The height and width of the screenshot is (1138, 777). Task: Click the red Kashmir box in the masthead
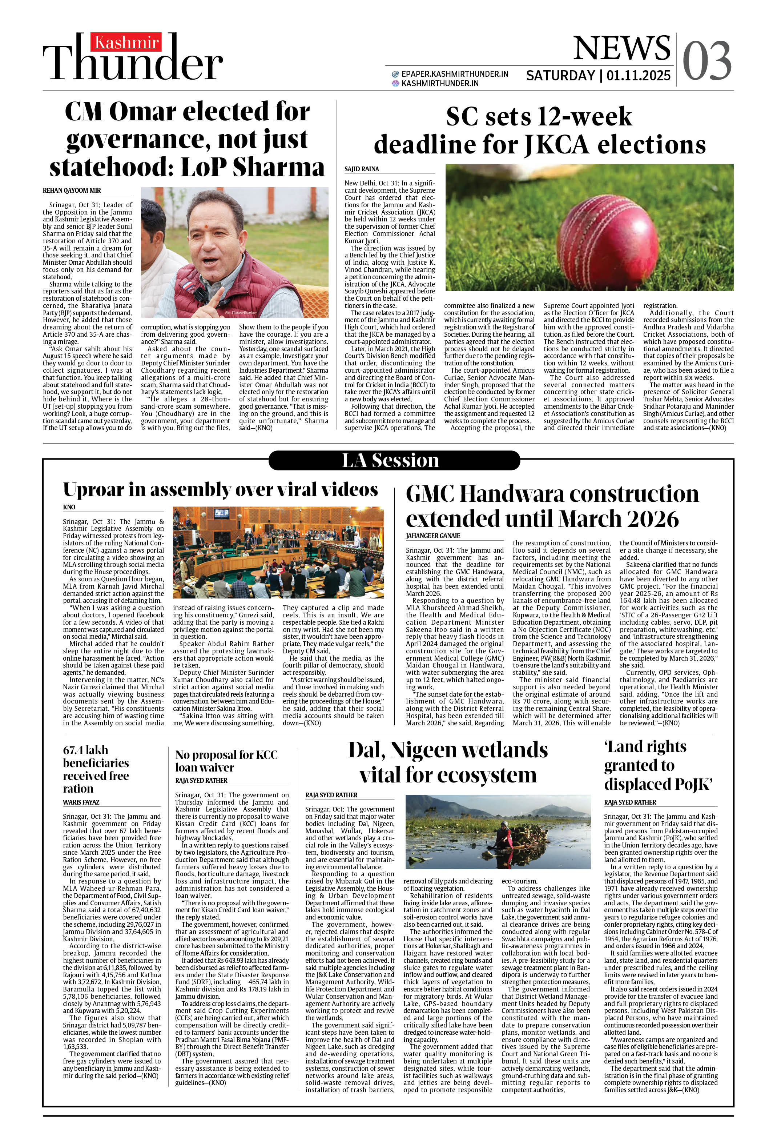pyautogui.click(x=126, y=43)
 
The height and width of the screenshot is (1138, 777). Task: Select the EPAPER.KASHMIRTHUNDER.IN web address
pyautogui.click(x=454, y=74)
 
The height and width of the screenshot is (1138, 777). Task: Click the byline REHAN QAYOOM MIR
pyautogui.click(x=72, y=191)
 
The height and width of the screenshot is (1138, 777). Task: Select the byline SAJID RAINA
pyautogui.click(x=361, y=169)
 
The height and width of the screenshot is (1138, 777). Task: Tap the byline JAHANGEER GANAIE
pyautogui.click(x=433, y=536)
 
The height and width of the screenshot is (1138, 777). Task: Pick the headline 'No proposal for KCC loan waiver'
pyautogui.click(x=226, y=761)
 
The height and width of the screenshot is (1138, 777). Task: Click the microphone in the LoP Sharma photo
pyautogui.click(x=199, y=295)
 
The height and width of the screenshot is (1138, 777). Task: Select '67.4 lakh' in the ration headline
pyautogui.click(x=86, y=750)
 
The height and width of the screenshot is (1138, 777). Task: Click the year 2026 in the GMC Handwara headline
pyautogui.click(x=654, y=519)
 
